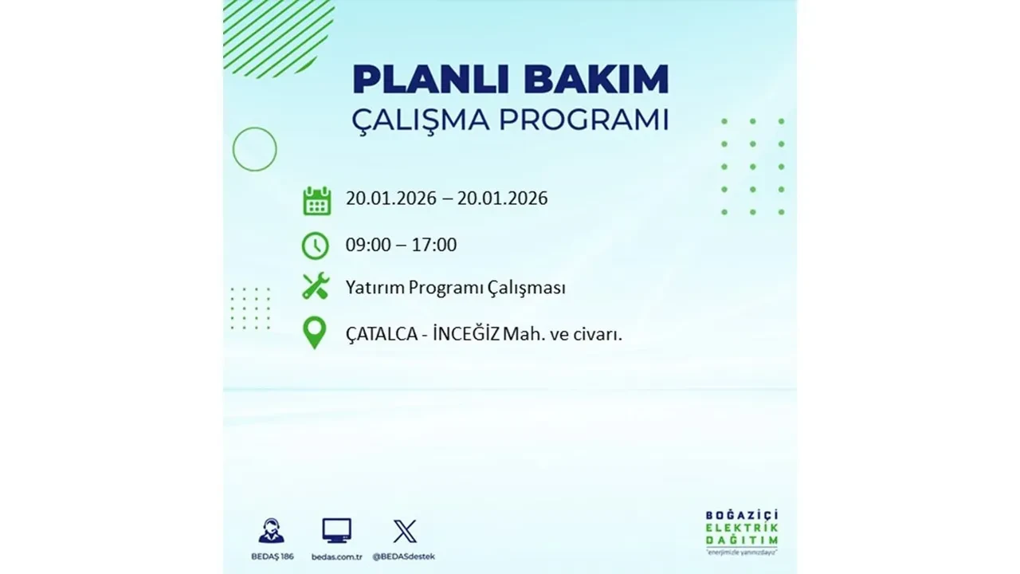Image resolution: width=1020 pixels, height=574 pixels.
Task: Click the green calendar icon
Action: [x=316, y=200]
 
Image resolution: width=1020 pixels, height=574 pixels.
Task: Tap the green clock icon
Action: [x=316, y=246]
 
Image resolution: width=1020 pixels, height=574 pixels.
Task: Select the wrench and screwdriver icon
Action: [x=316, y=287]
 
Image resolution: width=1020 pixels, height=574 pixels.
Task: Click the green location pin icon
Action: [x=316, y=333]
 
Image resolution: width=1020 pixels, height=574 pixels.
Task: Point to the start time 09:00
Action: [x=368, y=245]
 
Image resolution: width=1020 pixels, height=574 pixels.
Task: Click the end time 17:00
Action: [x=434, y=245]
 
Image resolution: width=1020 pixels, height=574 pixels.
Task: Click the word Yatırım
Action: [x=374, y=288]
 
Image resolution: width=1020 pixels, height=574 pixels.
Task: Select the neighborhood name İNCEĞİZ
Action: [x=466, y=334]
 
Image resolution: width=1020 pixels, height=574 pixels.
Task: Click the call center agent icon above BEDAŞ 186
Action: [x=272, y=531]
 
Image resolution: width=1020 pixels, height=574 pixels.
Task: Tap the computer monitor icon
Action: [x=336, y=531]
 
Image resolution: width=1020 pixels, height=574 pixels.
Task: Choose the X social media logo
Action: [x=405, y=531]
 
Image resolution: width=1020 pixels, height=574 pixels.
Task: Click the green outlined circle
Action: [x=254, y=149]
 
